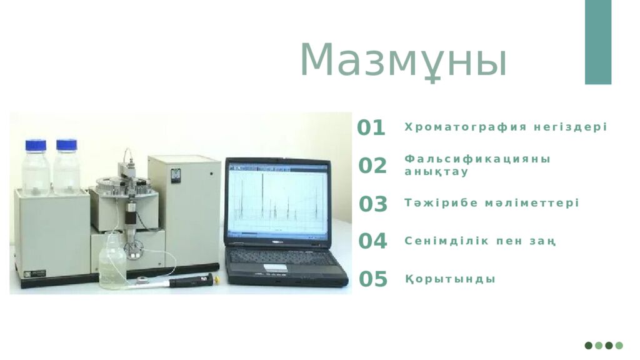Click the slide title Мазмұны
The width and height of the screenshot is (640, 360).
click(403, 61)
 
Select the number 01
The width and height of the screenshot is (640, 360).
click(371, 127)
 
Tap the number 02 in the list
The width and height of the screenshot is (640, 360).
click(372, 165)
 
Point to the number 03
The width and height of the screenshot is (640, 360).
click(373, 204)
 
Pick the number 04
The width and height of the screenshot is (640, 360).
click(372, 241)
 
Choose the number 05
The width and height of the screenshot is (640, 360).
click(373, 279)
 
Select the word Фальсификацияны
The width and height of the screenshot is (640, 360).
click(477, 159)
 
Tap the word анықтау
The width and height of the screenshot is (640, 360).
click(436, 172)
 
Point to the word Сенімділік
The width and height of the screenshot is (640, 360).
click(446, 241)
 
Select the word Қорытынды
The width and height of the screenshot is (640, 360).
click(450, 279)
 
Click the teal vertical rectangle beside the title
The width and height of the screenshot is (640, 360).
click(598, 42)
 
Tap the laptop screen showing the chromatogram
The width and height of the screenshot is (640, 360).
click(278, 201)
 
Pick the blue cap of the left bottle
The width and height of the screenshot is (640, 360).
click(36, 145)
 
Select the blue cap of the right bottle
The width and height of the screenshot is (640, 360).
click(66, 145)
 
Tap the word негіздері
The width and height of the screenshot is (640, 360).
click(571, 127)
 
